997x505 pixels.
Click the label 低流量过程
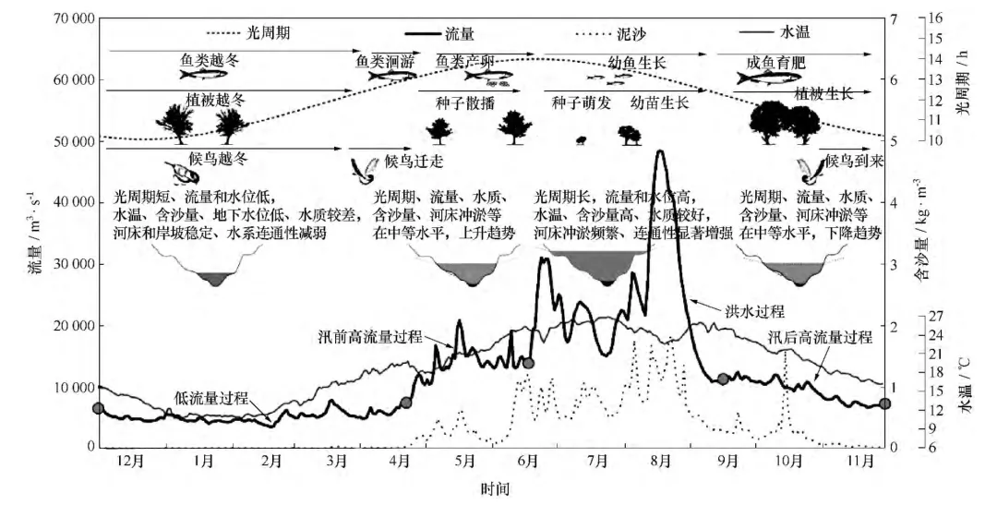pos(211,398)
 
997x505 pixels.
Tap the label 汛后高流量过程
pos(821,337)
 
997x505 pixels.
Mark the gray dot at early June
pos(528,363)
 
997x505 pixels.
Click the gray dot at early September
pos(723,378)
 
